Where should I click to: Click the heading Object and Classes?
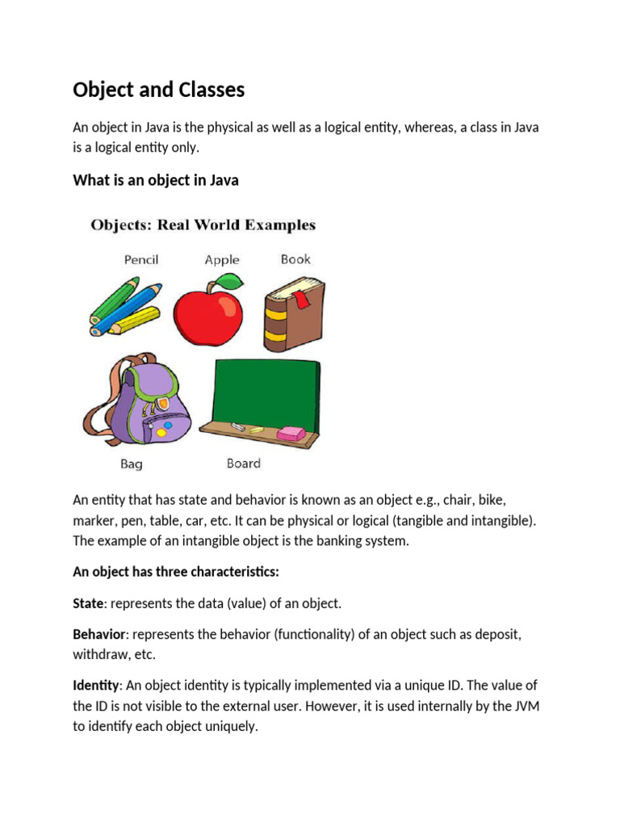pos(158,90)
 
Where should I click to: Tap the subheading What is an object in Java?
pos(156,180)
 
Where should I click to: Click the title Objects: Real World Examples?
pos(203,225)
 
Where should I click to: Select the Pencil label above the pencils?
pos(141,260)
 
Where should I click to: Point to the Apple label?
pos(222,260)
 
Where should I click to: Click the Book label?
pos(295,259)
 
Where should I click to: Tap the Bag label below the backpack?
pos(132,464)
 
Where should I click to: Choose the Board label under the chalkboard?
pos(243,464)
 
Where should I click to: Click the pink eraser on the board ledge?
pos(291,434)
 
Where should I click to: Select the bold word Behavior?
pos(96,634)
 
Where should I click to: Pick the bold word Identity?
pos(95,685)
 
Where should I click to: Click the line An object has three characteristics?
pos(176,572)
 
